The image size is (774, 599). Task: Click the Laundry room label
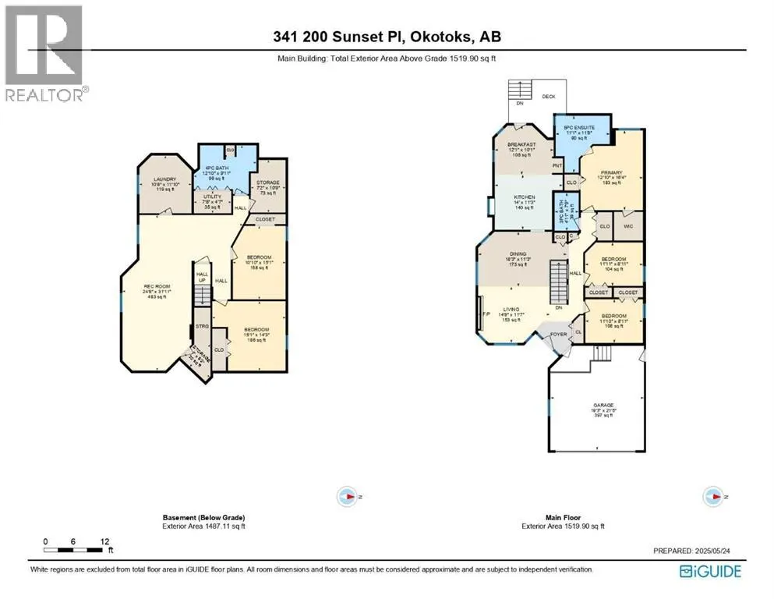pyautogui.click(x=164, y=184)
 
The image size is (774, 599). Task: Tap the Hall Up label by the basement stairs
pyautogui.click(x=202, y=277)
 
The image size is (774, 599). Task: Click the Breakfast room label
pyautogui.click(x=521, y=149)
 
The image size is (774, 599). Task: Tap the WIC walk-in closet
pyautogui.click(x=628, y=227)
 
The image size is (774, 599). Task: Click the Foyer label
pyautogui.click(x=558, y=334)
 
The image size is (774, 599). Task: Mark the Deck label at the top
pyautogui.click(x=549, y=98)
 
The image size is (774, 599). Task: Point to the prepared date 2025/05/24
pyautogui.click(x=696, y=551)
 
